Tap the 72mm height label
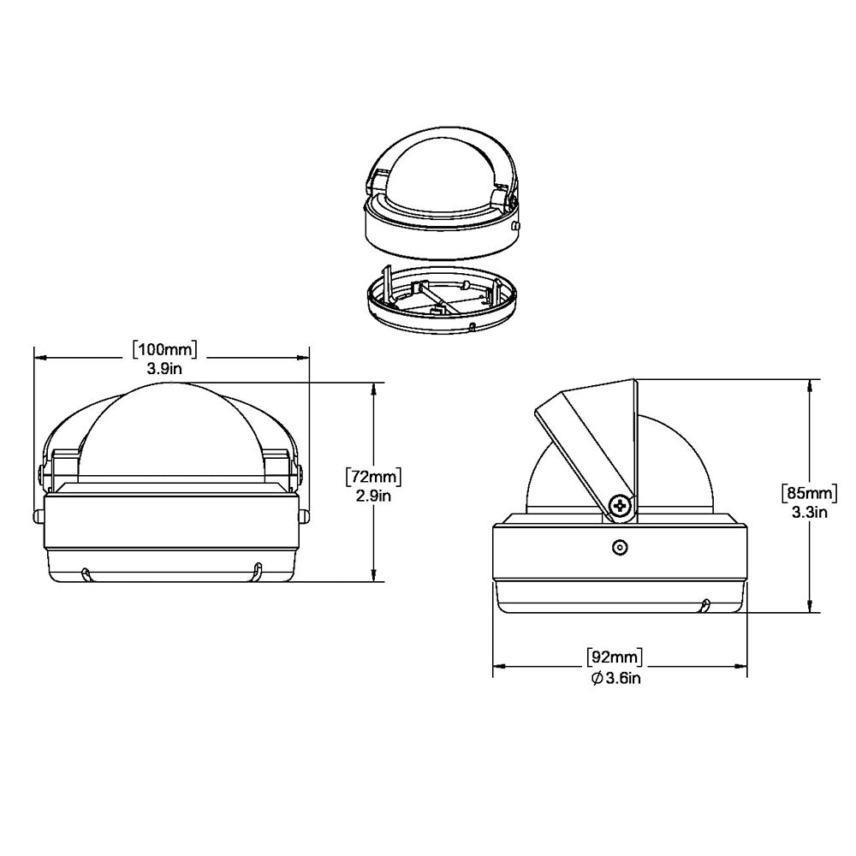pos(373,476)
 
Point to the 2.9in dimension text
pos(373,495)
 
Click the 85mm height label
pos(809,493)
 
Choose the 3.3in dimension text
pos(809,512)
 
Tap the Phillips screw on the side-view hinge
pos(621,507)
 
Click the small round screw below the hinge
pos(619,547)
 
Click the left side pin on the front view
pos(39,515)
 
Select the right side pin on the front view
pos(304,515)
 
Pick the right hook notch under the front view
pos(254,573)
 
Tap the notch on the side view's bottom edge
pos(704,606)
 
